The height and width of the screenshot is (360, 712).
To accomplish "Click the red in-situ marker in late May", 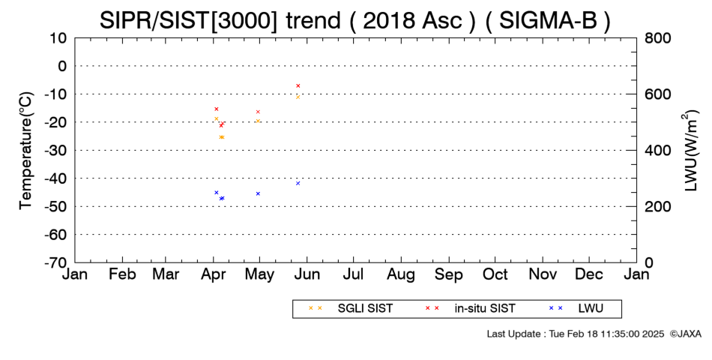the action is [x=298, y=85].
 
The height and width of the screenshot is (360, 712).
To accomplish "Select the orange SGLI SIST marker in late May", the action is [x=298, y=97].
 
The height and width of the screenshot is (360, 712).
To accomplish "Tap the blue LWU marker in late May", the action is [x=298, y=183].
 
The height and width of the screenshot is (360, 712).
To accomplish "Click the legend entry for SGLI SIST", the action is [x=351, y=308].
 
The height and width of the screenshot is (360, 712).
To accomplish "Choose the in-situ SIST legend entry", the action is [x=470, y=308].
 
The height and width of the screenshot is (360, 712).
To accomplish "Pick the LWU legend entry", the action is [x=576, y=308].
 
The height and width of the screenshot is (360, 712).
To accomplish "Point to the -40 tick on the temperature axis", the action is [x=56, y=178].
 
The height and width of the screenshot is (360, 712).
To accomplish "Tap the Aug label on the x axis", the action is [x=401, y=274].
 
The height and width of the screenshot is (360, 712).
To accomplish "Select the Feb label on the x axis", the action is [x=123, y=274].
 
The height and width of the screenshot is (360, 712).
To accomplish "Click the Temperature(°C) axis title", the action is [x=26, y=151].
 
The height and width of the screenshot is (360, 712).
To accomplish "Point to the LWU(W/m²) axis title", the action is [x=690, y=151].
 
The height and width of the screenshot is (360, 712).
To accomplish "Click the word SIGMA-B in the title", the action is [x=548, y=20].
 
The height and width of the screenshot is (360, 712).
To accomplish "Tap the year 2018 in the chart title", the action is [x=389, y=20].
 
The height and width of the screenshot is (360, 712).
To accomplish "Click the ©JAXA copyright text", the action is [x=685, y=334].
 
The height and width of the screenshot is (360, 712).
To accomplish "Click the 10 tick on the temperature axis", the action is [x=58, y=37].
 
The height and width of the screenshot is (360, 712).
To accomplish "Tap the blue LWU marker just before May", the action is [x=258, y=193].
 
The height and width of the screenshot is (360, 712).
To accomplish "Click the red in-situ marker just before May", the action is [x=258, y=112].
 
